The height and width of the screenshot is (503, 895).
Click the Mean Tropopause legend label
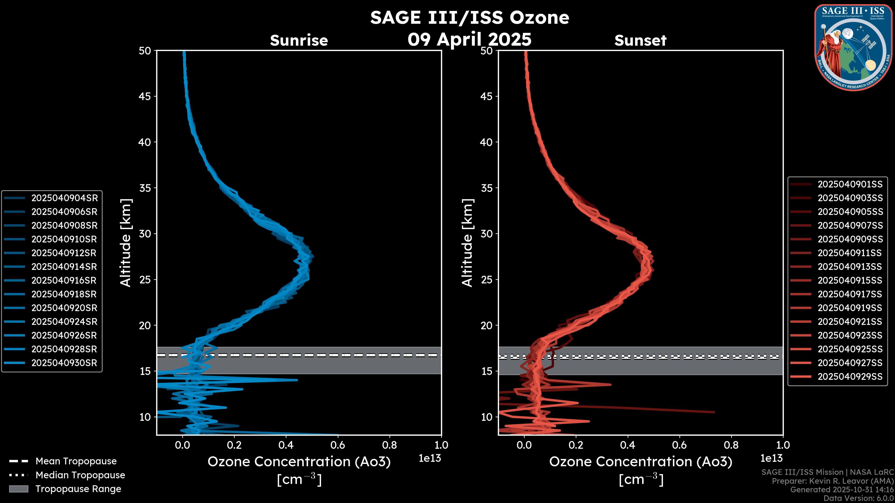click(76, 461)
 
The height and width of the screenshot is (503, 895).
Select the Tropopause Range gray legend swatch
click(19, 489)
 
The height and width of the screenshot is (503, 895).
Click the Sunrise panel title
click(299, 40)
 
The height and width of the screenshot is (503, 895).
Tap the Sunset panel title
click(640, 40)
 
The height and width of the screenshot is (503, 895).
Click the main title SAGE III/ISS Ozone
click(469, 17)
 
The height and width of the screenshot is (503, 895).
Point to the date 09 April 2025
click(469, 39)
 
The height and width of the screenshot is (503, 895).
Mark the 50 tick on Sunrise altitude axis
click(145, 51)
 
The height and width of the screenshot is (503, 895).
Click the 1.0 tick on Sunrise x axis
click(441, 445)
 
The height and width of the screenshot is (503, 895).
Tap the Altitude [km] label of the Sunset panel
click(467, 243)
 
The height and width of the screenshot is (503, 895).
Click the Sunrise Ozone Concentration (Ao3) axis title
click(299, 462)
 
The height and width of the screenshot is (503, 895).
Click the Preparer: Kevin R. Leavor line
click(833, 481)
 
